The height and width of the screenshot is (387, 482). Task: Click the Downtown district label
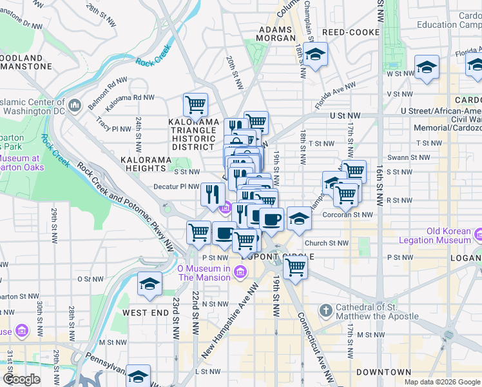pos(383,372)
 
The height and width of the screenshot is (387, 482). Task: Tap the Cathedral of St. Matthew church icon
pos(327,310)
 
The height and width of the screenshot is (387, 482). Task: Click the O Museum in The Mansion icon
pos(240,273)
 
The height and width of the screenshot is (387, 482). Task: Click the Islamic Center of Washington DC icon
pos(75,104)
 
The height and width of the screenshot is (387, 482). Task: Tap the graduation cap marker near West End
pos(149,284)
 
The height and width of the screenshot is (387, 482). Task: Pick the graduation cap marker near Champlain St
pos(315,54)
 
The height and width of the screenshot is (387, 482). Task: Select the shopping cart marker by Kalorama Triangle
pos(195,104)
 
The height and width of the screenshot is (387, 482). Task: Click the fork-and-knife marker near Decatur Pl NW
pos(212,194)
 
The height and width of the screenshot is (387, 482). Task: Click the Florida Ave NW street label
pos(335,95)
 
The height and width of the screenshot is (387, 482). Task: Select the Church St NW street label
pos(326,243)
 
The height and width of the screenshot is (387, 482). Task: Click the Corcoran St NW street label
pos(348,215)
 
